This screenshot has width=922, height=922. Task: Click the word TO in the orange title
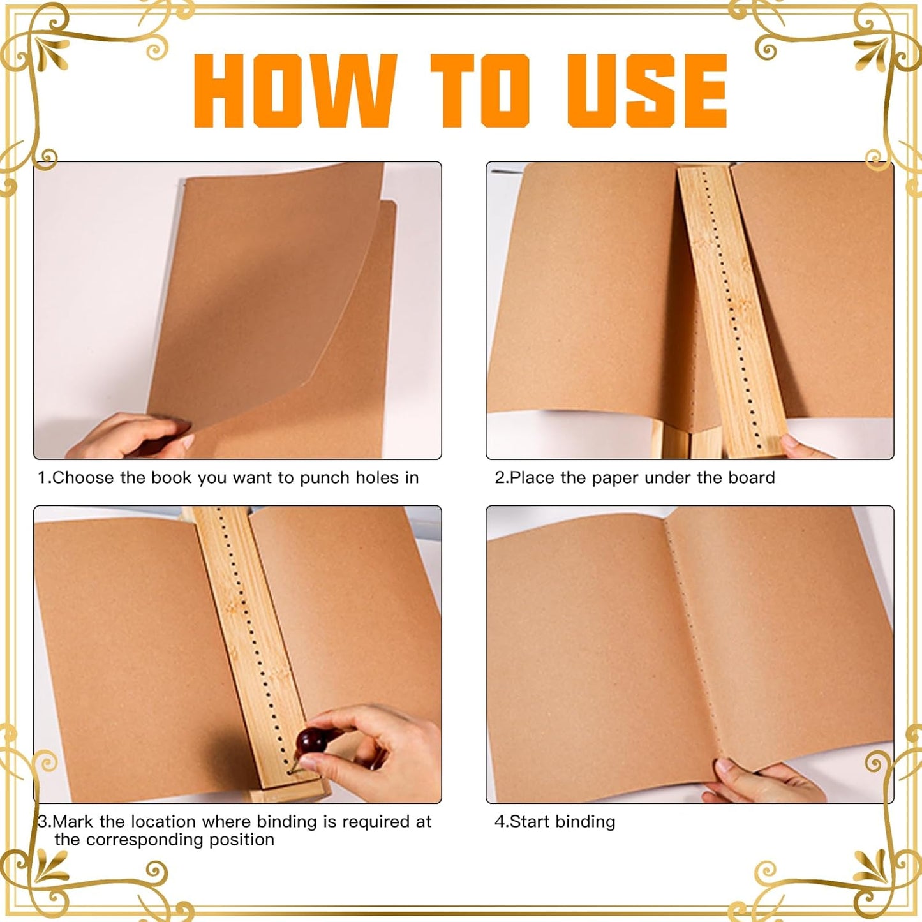(480, 91)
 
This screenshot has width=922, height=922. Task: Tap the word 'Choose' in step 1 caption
(82, 478)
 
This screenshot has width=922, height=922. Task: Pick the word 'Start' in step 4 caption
(530, 822)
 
